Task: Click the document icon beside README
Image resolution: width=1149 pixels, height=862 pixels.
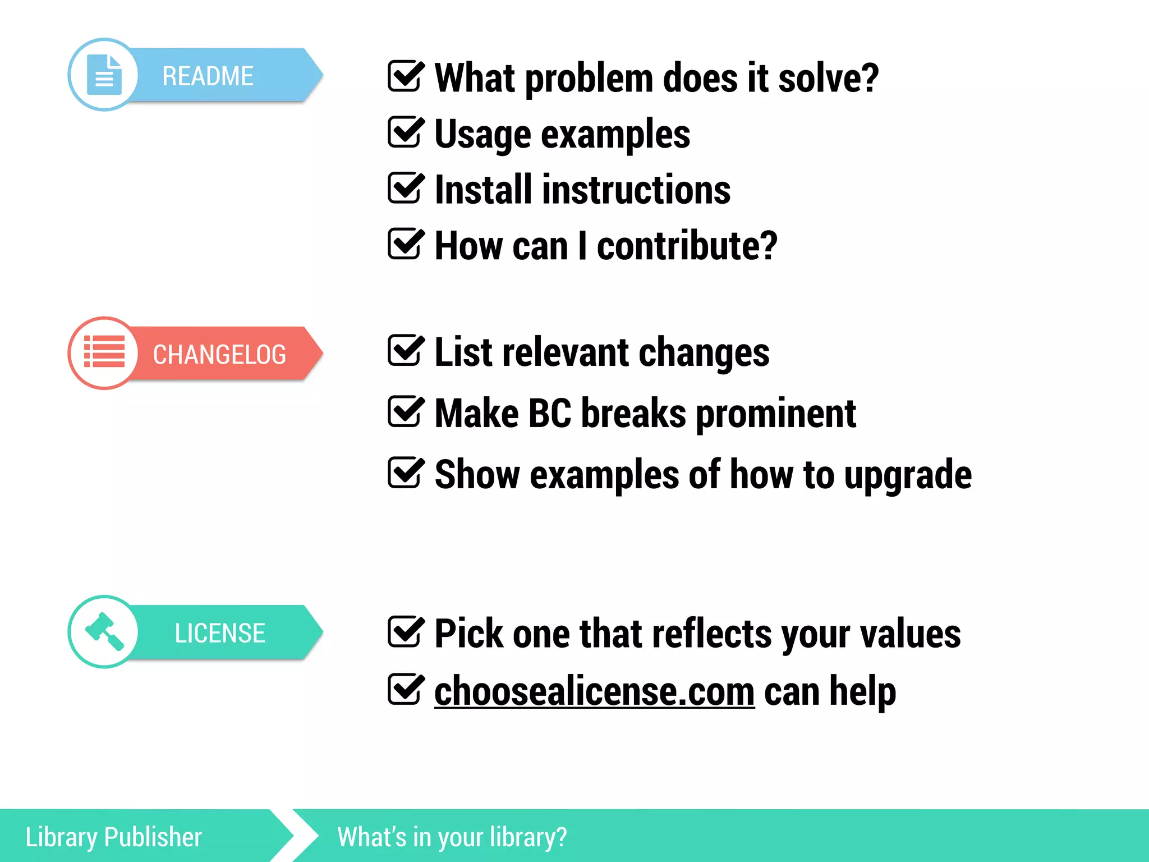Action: pos(104,75)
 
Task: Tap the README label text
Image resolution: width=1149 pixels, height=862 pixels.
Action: pos(208,76)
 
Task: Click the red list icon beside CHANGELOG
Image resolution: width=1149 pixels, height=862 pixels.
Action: pos(104,352)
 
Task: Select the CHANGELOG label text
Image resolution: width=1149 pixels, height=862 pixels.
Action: pos(219,355)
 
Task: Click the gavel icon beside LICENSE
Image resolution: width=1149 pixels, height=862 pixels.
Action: pos(104,631)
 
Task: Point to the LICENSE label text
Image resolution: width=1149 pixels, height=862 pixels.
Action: pos(219,633)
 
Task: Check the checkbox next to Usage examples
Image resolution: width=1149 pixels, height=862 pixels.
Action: pos(405,132)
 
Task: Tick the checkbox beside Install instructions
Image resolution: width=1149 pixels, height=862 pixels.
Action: pos(405,188)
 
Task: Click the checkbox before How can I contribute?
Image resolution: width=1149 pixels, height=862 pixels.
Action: pos(405,244)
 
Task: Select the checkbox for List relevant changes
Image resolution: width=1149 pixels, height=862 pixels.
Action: pos(405,351)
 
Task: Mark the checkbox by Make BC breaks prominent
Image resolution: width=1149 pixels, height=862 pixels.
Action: pos(405,411)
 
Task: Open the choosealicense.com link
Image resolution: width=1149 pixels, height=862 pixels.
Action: pos(594,691)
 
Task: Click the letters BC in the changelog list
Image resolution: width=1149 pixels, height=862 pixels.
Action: pos(549,414)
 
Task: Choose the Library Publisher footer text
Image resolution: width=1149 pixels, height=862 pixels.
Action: pos(113,837)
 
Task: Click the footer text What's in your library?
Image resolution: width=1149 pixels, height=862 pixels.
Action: pos(452,837)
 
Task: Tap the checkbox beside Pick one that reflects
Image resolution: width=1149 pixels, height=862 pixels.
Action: pos(405,632)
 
